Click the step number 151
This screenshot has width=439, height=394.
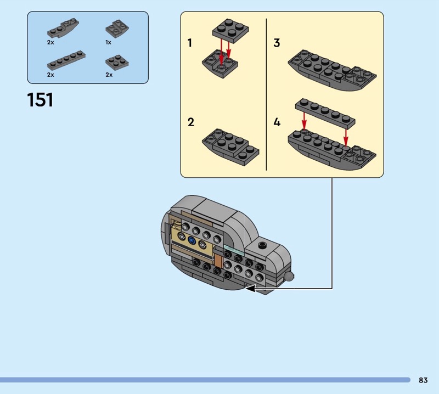pos(40,100)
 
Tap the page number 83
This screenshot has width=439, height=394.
pos(423,380)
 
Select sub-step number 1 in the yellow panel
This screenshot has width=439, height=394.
pos(190,43)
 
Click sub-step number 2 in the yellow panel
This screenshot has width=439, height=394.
pos(190,122)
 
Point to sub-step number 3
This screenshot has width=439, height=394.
pos(277,43)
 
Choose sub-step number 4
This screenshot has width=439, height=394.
pos(277,122)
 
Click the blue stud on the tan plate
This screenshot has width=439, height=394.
pos(192,240)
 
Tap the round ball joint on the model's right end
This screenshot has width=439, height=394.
pos(289,277)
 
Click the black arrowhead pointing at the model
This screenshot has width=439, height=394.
pos(251,289)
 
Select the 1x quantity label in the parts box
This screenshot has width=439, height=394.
pos(108,42)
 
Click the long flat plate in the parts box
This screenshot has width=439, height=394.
pos(66,60)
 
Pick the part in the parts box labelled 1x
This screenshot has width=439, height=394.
pos(117,29)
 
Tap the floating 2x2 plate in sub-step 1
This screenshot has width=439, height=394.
pos(230,31)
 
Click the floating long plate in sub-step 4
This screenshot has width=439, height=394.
pos(325,113)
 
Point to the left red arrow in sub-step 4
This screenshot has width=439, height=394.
pos(304,120)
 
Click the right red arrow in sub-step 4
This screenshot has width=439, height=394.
pos(346,138)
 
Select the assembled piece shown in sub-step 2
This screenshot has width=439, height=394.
pos(230,147)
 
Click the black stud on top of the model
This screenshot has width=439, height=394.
pos(262,245)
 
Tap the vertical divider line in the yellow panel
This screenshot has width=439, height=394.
pos(266,94)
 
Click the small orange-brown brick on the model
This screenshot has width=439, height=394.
pos(218,261)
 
